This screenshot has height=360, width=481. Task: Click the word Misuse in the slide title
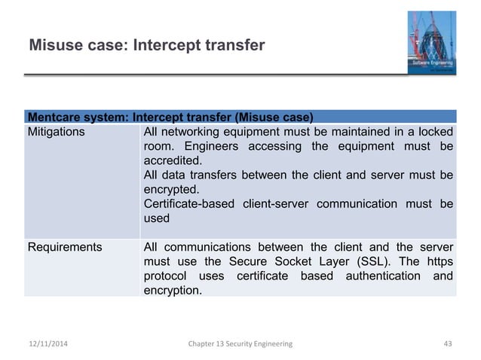(54, 47)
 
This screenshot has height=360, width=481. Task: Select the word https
(440, 261)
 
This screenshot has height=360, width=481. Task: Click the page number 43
(447, 343)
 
